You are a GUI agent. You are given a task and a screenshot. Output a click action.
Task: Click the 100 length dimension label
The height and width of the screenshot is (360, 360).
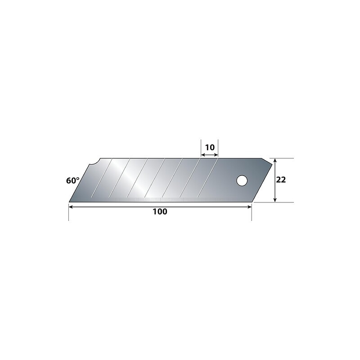coord(160,211)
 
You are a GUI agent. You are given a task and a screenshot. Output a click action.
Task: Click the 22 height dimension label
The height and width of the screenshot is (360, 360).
coord(281,180)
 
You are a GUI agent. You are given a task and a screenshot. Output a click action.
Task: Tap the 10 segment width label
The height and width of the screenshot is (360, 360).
coord(210,148)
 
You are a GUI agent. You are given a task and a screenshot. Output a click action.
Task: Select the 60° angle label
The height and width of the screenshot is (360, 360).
coord(73,181)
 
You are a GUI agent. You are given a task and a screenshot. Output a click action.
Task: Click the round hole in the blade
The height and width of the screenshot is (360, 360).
coord(242,181)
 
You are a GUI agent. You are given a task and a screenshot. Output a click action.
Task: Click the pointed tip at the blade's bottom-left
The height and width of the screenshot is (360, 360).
coord(69,202)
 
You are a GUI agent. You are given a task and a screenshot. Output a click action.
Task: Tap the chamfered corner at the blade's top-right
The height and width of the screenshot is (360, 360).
coord(267,161)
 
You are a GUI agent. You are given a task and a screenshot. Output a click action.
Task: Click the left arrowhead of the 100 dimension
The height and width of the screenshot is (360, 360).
coord(71,207)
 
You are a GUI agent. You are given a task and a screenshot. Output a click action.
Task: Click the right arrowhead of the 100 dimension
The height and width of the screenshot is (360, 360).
coord(249,207)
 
